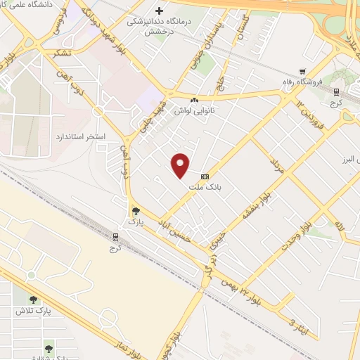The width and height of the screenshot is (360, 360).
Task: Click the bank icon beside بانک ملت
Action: (x=205, y=176)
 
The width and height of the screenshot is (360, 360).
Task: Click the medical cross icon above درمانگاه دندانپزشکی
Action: (x=160, y=11)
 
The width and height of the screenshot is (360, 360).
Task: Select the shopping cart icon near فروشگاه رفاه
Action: (x=302, y=71)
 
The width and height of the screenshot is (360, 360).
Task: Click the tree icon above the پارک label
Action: (x=136, y=210)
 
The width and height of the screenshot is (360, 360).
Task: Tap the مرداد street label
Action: (x=276, y=167)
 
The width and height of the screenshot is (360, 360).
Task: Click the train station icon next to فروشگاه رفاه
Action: (x=337, y=91)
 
